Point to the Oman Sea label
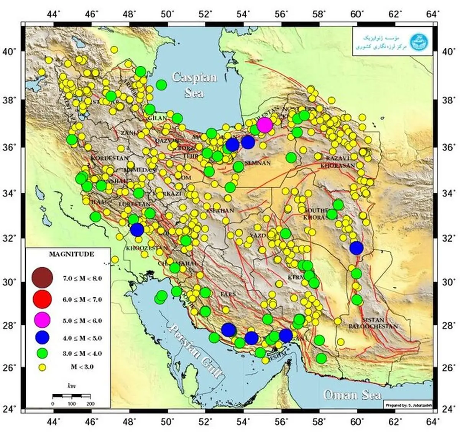[x=352, y=394]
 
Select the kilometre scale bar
[x=71, y=395]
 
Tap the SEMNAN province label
[x=257, y=163]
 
